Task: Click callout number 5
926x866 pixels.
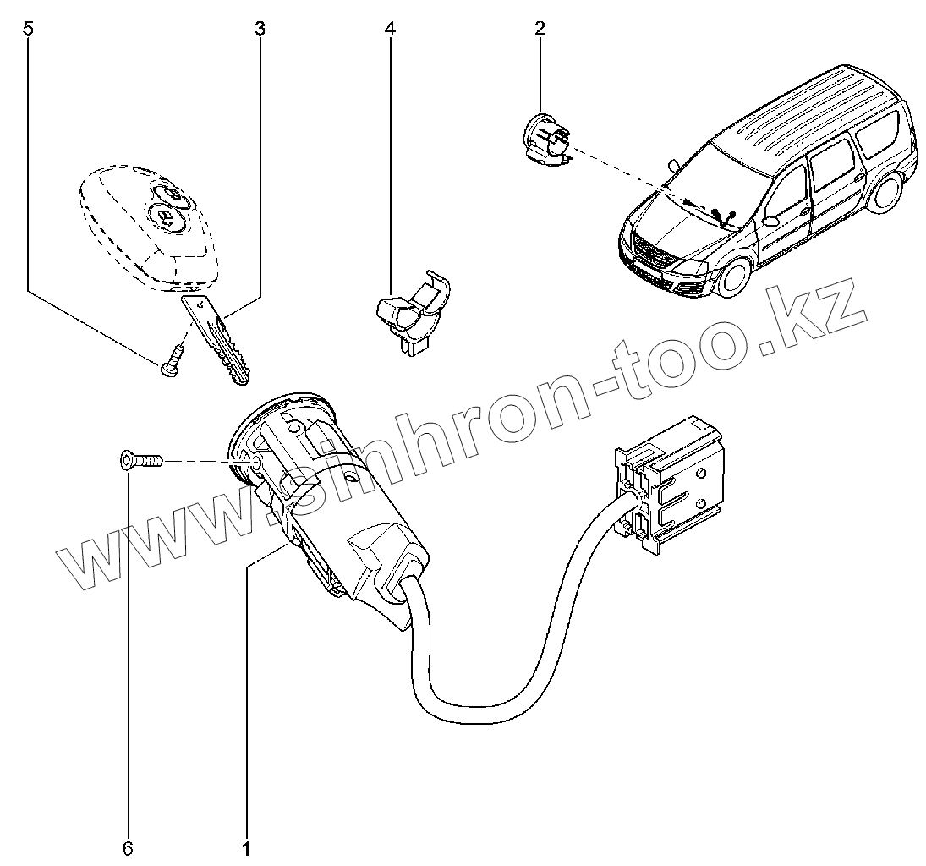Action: point(27,29)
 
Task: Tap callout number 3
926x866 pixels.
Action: point(260,29)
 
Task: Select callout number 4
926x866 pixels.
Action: point(389,29)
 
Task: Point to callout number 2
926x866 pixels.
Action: point(540,29)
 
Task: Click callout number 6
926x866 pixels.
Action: point(128,849)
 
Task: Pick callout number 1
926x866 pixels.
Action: point(247,849)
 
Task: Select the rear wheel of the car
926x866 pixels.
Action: point(887,189)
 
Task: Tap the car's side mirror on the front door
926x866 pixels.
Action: point(771,221)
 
